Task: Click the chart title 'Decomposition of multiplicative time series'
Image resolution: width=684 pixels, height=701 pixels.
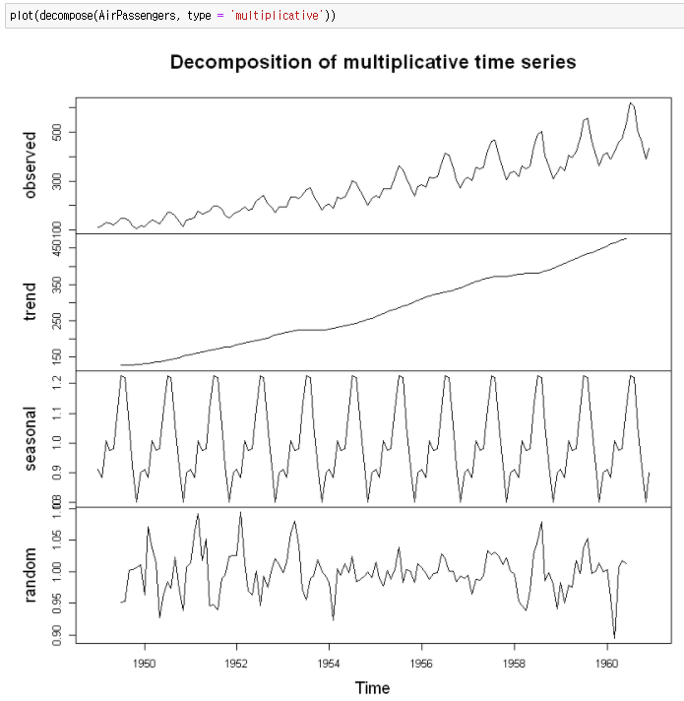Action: [373, 62]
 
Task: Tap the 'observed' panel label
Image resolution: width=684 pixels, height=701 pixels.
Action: [31, 166]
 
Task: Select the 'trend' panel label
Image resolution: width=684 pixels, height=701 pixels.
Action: [31, 302]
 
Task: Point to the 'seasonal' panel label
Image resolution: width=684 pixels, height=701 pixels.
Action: [31, 439]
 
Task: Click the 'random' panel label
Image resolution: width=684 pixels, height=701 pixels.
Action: [31, 576]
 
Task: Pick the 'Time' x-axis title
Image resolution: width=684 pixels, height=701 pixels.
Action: [373, 688]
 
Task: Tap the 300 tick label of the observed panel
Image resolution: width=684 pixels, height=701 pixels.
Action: [58, 182]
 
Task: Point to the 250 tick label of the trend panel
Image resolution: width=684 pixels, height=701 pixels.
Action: [58, 321]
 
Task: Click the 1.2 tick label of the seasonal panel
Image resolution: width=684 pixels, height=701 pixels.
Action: [58, 386]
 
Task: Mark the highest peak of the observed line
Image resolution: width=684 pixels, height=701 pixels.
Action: [631, 102]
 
